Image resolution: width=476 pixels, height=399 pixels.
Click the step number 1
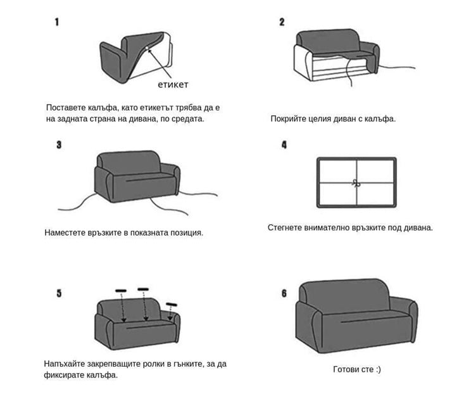(57, 22)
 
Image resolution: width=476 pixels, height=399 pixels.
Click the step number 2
(282, 22)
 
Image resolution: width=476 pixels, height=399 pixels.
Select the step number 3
(59, 144)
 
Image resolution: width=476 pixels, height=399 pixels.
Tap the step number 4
(284, 145)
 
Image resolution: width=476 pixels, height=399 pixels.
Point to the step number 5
(59, 293)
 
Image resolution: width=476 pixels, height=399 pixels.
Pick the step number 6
(284, 293)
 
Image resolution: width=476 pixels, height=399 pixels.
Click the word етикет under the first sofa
(173, 84)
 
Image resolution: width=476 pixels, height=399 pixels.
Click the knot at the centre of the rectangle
(356, 184)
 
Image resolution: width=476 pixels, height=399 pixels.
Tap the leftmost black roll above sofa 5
(121, 291)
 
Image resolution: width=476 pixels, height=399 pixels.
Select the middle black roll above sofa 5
(143, 289)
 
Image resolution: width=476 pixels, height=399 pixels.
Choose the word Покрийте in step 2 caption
(289, 118)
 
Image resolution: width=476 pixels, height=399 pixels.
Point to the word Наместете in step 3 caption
(66, 232)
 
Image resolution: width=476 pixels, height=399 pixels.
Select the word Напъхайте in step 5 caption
(66, 364)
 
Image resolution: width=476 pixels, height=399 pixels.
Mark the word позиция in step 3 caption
(187, 232)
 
